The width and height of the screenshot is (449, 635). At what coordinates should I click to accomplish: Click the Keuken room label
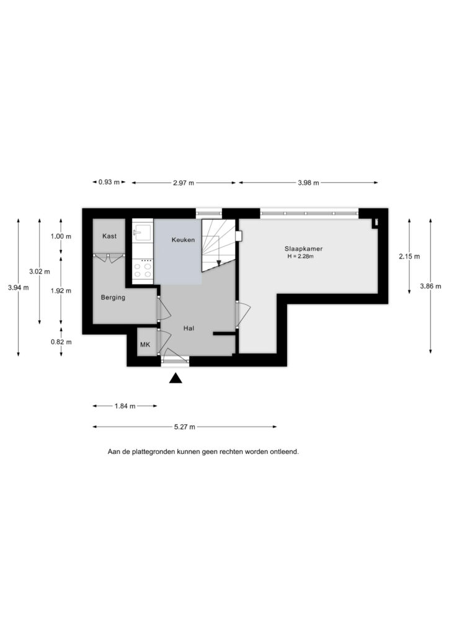click(183, 240)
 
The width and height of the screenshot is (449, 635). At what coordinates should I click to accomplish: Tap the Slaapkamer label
click(303, 249)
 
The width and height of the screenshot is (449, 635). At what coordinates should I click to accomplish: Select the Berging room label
click(113, 298)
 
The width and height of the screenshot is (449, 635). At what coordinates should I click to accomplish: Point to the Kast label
click(109, 236)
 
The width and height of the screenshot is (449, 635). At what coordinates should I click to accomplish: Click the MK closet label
click(145, 345)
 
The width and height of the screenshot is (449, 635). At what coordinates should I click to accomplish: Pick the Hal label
click(189, 329)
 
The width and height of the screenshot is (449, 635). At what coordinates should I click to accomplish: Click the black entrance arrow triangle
click(176, 378)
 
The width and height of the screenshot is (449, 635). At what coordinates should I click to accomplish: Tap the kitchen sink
click(142, 233)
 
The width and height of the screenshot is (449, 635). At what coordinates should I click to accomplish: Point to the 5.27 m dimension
click(185, 427)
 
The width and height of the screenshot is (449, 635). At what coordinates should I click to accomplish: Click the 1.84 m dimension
click(125, 406)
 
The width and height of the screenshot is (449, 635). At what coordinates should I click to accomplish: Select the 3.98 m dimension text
click(308, 183)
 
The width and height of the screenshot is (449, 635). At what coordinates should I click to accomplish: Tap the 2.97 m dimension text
click(184, 183)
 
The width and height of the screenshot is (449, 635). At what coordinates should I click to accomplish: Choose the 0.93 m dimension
click(109, 182)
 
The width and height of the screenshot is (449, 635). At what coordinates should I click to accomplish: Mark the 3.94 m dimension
click(18, 288)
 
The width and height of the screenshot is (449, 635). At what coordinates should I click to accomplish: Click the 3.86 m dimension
click(431, 286)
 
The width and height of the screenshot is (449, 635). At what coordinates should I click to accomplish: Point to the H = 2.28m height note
click(300, 256)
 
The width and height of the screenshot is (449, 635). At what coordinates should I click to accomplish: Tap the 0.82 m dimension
click(61, 342)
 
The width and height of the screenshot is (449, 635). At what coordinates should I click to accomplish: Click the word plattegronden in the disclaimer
click(153, 451)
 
